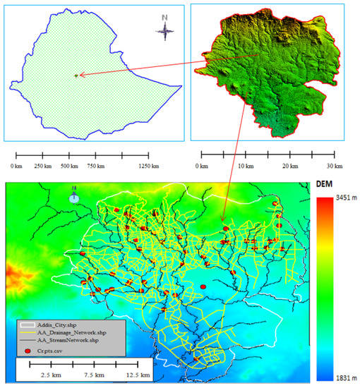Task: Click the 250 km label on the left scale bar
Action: pos(43,166)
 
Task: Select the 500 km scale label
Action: pos(69,166)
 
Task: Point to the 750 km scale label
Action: pos(95,166)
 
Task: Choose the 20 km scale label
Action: pos(289,166)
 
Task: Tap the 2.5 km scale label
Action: pos(50,375)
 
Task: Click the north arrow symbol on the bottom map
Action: pos(74,198)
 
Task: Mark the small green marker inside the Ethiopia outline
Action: pos(77,75)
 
